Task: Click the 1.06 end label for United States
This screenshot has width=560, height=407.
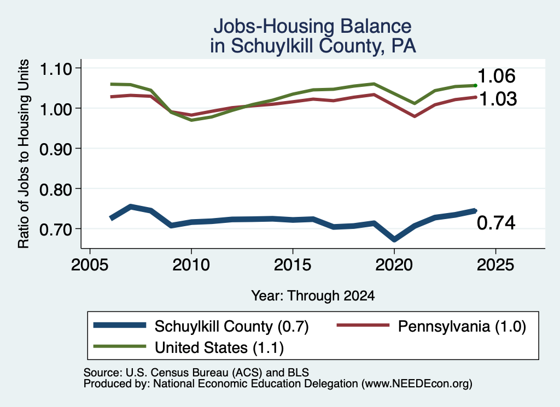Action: point(496,76)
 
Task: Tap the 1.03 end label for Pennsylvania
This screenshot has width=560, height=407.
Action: point(498,99)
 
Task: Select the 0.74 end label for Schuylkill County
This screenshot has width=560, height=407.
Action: point(496,223)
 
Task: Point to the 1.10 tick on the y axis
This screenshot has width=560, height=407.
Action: point(56,68)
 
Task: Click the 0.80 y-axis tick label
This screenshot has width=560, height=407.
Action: point(56,189)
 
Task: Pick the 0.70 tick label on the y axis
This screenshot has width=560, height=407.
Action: point(56,229)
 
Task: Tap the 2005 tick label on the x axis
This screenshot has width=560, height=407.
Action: point(90,264)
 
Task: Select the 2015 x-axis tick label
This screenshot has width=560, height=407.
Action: point(293,264)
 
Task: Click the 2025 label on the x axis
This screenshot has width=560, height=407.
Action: point(495,264)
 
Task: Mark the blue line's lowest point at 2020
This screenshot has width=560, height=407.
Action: point(394,239)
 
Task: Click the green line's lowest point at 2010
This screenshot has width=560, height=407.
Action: point(192,120)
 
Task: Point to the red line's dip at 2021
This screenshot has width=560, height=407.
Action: point(415,116)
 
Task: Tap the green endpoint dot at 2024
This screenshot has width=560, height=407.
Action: point(475,85)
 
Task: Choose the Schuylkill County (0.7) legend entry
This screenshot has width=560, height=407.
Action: point(201,326)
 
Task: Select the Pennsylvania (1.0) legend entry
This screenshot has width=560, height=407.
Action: point(431,326)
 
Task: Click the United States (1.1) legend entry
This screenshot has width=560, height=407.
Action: point(188,347)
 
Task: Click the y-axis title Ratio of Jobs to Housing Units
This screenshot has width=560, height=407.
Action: point(24,154)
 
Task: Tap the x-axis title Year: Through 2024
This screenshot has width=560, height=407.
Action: point(313,296)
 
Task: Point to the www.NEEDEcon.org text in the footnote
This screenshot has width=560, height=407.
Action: point(416,384)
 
